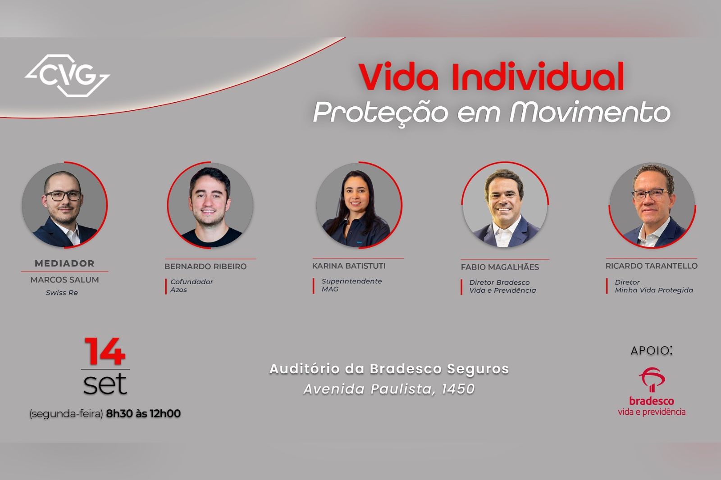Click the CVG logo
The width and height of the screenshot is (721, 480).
pyautogui.click(x=67, y=76)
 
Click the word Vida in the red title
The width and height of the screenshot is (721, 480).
pyautogui.click(x=399, y=77)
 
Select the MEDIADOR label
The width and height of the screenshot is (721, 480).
pyautogui.click(x=65, y=263)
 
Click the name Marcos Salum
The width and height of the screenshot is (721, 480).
pyautogui.click(x=65, y=280)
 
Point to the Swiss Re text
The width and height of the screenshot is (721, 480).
pyautogui.click(x=62, y=293)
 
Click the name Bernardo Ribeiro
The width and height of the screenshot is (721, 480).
pyautogui.click(x=205, y=267)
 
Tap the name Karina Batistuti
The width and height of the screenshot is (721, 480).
pyautogui.click(x=349, y=266)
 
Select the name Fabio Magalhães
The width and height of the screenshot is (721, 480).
pyautogui.click(x=500, y=267)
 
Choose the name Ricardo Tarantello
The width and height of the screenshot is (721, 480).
pyautogui.click(x=652, y=266)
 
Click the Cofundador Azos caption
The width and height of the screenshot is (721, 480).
pyautogui.click(x=192, y=285)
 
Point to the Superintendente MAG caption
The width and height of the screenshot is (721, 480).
pyautogui.click(x=351, y=285)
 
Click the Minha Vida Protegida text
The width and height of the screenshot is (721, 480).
pyautogui.click(x=654, y=290)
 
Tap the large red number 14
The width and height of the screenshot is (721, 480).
pyautogui.click(x=105, y=351)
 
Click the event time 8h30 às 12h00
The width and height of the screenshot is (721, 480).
pyautogui.click(x=143, y=413)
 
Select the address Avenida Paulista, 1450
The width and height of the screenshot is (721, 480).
pyautogui.click(x=389, y=389)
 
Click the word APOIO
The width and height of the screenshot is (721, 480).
pyautogui.click(x=649, y=351)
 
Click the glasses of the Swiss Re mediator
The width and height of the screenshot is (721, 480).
pyautogui.click(x=63, y=195)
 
